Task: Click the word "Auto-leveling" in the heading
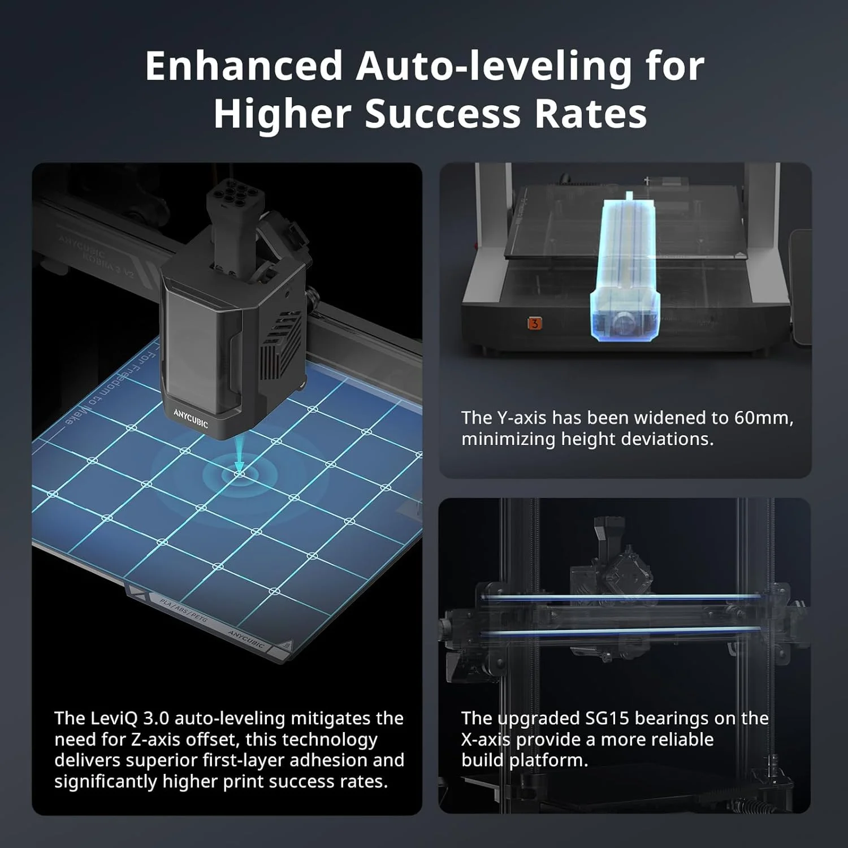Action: tap(494, 66)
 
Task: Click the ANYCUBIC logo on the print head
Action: tap(191, 418)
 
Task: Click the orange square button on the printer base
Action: tap(534, 323)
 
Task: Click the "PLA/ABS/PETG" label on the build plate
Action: tap(184, 611)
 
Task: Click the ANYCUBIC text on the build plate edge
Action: tap(246, 638)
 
